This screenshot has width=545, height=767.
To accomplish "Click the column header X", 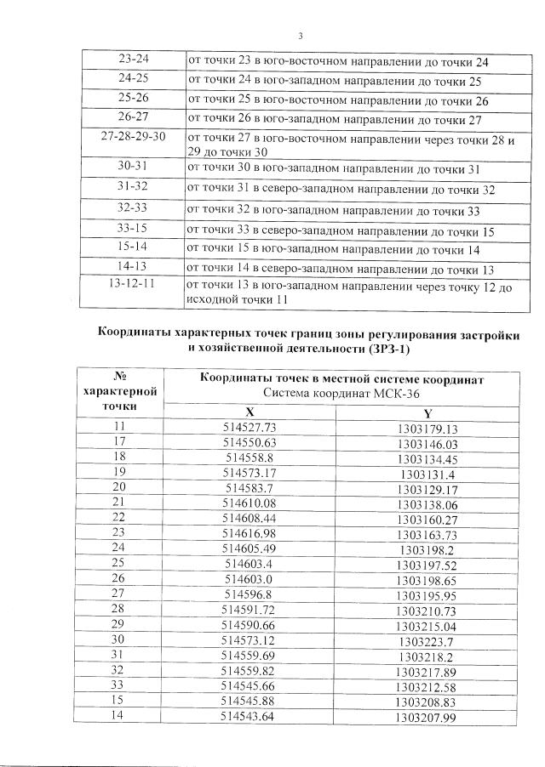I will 261,412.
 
